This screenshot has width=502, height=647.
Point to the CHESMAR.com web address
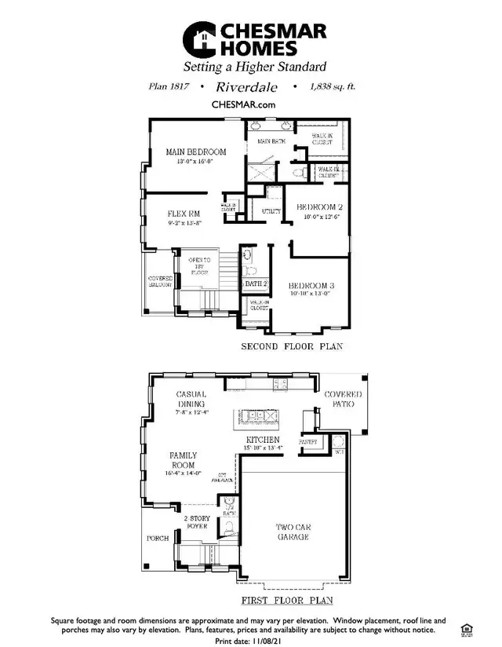tap(243, 104)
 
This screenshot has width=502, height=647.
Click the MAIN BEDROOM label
tap(195, 152)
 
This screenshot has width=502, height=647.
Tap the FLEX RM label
tap(184, 214)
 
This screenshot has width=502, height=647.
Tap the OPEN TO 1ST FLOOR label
tap(199, 267)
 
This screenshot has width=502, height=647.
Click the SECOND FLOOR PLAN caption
tap(291, 346)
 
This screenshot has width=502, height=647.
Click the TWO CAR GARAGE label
tap(292, 532)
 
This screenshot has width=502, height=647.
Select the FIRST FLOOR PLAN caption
tap(287, 601)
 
